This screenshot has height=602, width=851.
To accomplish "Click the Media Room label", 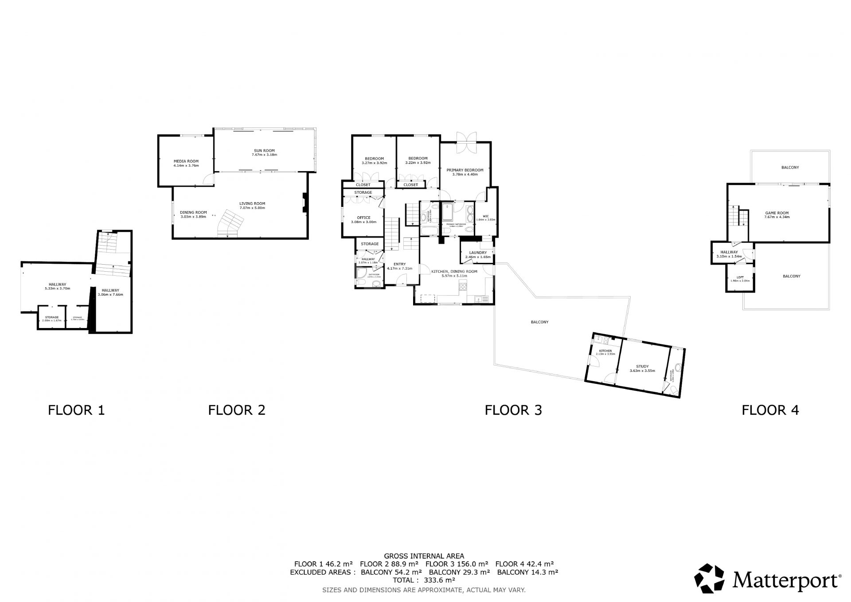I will pos(186,161).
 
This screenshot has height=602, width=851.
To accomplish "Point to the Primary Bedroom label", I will pos(465,170).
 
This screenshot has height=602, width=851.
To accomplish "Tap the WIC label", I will pos(485,216).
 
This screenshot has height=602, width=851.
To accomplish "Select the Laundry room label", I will pos(478,253).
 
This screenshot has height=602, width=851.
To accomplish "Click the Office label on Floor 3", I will pos(363,218).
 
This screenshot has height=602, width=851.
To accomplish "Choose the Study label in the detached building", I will pos(642,366).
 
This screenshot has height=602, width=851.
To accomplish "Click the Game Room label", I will pos(777,213).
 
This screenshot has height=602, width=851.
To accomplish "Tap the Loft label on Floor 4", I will pos(740,277).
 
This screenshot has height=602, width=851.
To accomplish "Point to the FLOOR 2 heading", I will pos(237,410).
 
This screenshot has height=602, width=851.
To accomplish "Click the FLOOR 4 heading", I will pos(770,410).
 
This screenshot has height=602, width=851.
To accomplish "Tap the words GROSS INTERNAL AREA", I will pos(424,556).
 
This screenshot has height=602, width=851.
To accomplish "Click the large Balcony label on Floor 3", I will pos(539,322).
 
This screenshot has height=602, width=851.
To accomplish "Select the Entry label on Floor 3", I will pos(399,264).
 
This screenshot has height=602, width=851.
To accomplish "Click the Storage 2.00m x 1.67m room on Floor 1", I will pos(51,318).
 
